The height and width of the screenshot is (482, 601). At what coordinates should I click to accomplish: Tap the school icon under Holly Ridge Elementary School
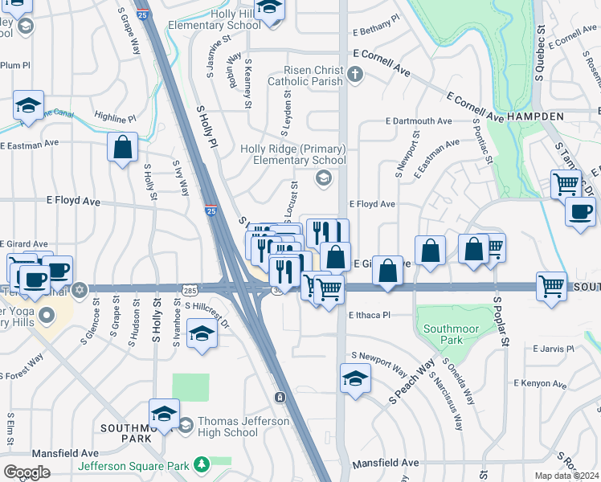pyautogui.click(x=323, y=179)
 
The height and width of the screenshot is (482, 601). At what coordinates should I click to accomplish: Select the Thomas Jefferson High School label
pyautogui.click(x=227, y=427)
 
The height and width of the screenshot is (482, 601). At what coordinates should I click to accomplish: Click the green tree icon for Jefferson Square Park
pyautogui.click(x=201, y=465)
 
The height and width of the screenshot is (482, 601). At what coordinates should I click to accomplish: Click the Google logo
pyautogui.click(x=27, y=472)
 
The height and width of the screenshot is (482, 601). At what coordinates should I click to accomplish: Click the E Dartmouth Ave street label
pyautogui.click(x=419, y=120)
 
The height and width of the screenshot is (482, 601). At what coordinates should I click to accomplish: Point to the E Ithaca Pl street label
pyautogui.click(x=369, y=315)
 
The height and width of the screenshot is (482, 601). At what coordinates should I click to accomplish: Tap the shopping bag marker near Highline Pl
pyautogui.click(x=122, y=147)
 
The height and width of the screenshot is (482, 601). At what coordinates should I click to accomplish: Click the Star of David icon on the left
pyautogui.click(x=79, y=288)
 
